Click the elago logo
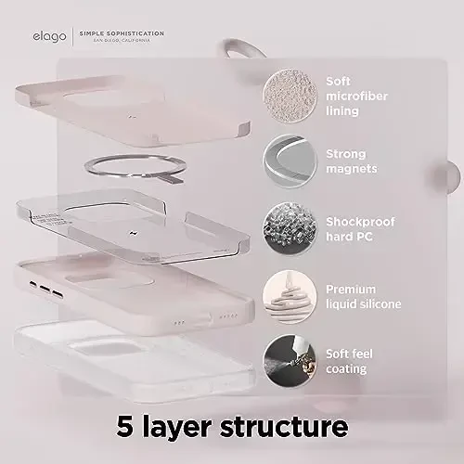tap(49, 37)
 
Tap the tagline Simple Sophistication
tap(122, 33)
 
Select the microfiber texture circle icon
tap(290, 96)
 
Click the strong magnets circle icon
tap(290, 161)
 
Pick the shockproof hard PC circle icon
tap(290, 229)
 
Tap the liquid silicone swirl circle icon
tap(290, 296)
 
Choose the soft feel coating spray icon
tap(290, 361)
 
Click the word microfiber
tap(356, 96)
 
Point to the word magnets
tap(352, 169)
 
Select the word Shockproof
tap(360, 222)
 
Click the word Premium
tap(351, 290)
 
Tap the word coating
tap(346, 369)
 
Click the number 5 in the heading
tap(125, 426)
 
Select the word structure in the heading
tap(284, 426)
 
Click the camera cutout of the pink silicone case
tap(110, 280)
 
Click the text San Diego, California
tap(122, 41)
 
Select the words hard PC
tap(349, 237)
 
